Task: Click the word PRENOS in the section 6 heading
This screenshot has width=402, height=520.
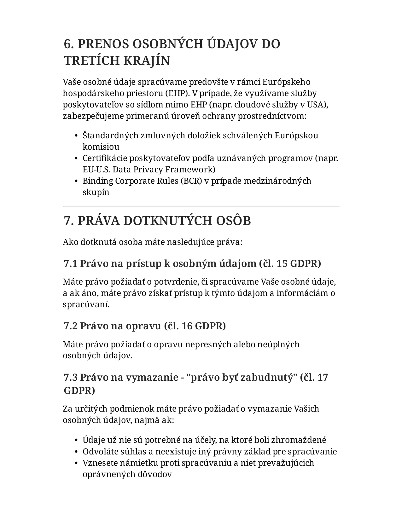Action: tap(102, 44)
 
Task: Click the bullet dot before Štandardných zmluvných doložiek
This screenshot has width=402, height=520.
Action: tap(76, 136)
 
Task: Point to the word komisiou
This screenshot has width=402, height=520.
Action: tap(101, 147)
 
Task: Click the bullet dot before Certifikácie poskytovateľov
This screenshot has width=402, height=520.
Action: tap(76, 159)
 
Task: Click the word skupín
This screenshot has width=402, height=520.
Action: tap(96, 192)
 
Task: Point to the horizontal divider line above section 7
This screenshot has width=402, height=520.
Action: tap(201, 206)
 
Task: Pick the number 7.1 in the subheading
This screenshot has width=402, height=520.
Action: tap(71, 263)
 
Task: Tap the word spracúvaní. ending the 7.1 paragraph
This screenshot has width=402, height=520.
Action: tap(86, 304)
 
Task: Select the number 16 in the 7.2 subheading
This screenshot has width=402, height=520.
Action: tap(187, 326)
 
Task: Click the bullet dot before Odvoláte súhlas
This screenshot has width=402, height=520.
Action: tap(76, 452)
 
